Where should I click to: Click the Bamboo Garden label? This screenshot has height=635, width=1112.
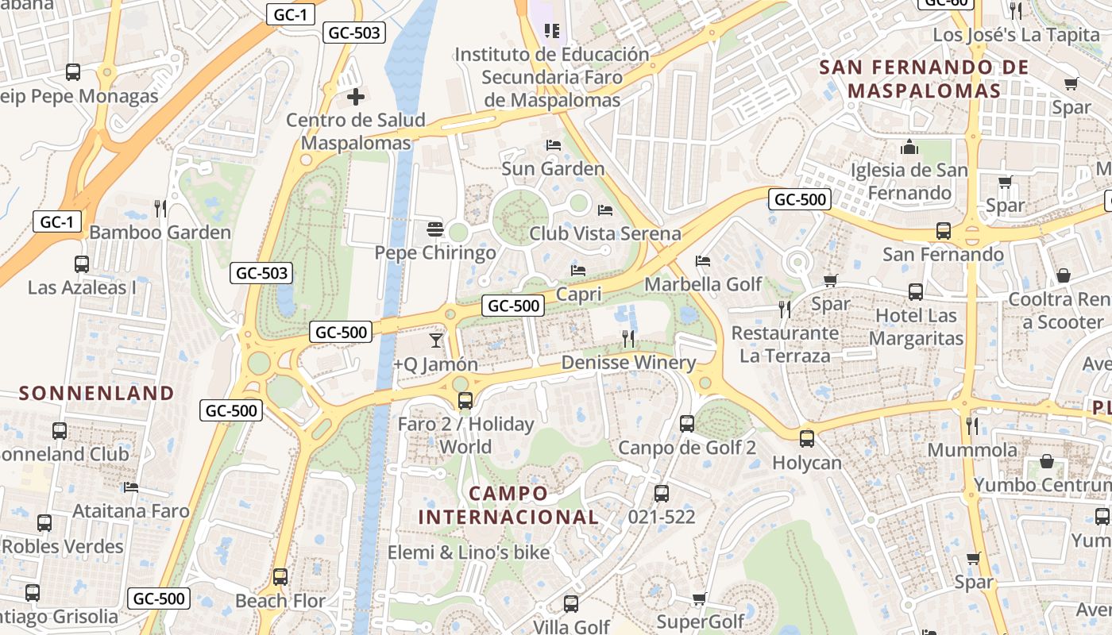pyautogui.click(x=160, y=233)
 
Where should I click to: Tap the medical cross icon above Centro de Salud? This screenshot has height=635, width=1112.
pyautogui.click(x=356, y=98)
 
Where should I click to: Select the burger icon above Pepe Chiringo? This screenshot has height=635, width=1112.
pyautogui.click(x=434, y=230)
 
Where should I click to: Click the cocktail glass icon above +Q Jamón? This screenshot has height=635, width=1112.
pyautogui.click(x=435, y=341)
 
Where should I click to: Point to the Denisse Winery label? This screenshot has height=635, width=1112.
pyautogui.click(x=628, y=363)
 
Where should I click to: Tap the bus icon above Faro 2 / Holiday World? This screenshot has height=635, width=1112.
pyautogui.click(x=465, y=401)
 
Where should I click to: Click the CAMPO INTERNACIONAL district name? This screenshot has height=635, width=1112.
pyautogui.click(x=508, y=506)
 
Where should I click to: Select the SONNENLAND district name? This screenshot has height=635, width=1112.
pyautogui.click(x=96, y=393)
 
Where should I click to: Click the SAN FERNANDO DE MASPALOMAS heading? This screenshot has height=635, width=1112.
pyautogui.click(x=924, y=79)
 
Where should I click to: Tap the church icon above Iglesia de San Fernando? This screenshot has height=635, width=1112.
pyautogui.click(x=909, y=148)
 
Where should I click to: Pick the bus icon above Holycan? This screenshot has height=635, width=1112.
pyautogui.click(x=807, y=438)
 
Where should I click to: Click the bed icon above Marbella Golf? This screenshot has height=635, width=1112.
pyautogui.click(x=703, y=260)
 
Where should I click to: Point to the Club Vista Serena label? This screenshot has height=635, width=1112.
pyautogui.click(x=605, y=233)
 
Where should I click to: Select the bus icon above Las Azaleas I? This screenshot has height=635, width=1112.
pyautogui.click(x=81, y=264)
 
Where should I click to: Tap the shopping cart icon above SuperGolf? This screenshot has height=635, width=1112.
pyautogui.click(x=700, y=598)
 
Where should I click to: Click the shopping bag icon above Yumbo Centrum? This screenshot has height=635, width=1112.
pyautogui.click(x=1047, y=461)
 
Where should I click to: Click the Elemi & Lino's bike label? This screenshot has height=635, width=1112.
pyautogui.click(x=469, y=552)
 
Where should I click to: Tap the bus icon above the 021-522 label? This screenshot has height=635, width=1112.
pyautogui.click(x=662, y=494)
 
